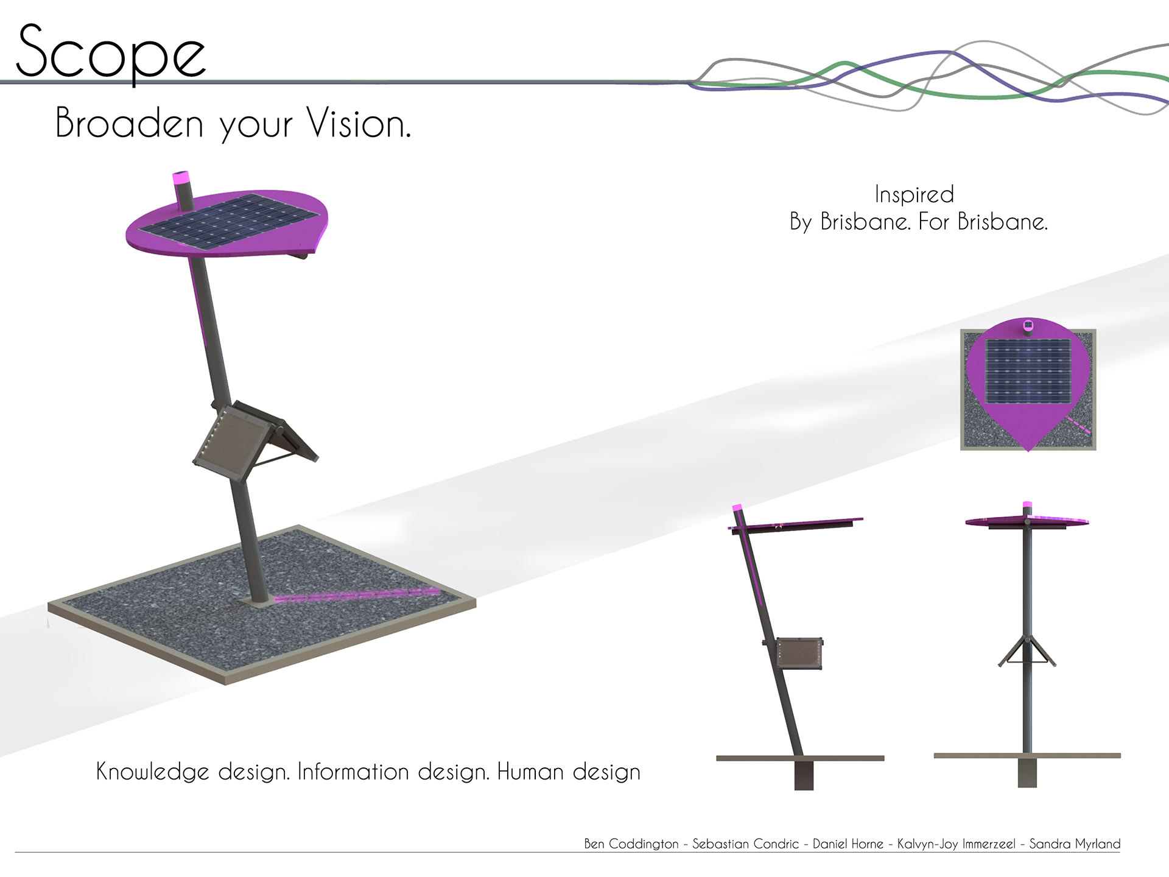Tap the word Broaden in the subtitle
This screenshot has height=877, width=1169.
(129, 122)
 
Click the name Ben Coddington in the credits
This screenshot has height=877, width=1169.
(631, 844)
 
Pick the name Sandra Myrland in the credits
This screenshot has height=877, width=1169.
(1075, 844)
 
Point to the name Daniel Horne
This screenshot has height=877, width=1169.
(848, 844)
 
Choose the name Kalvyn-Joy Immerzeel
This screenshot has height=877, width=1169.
(956, 844)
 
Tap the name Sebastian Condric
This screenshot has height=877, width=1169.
(745, 844)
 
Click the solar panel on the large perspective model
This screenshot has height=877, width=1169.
(229, 221)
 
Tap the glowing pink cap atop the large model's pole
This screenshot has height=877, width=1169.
(181, 178)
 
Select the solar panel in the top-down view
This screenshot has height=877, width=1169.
(1028, 371)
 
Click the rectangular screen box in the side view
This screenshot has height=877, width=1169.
(799, 653)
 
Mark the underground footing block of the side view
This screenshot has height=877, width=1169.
(804, 775)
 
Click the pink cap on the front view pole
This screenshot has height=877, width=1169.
(1027, 505)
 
